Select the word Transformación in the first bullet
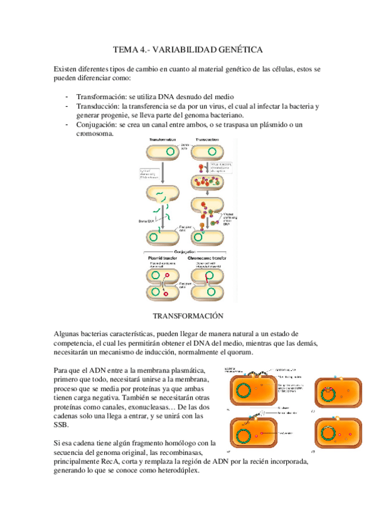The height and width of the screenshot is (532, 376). point(100,98)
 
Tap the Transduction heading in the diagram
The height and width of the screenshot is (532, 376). point(207,139)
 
